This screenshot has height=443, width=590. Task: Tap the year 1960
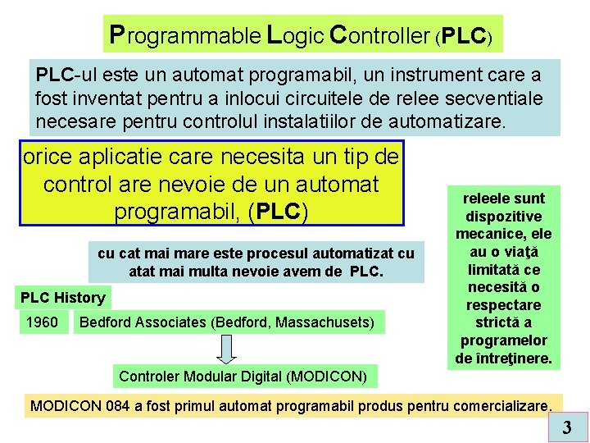pyautogui.click(x=42, y=322)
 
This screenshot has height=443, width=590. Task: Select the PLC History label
pyautogui.click(x=63, y=298)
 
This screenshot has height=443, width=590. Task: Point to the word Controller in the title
pyautogui.click(x=379, y=35)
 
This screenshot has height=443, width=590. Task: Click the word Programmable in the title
pyautogui.click(x=186, y=35)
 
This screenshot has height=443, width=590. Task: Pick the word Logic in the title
pyautogui.click(x=295, y=35)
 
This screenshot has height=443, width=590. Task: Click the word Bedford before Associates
pyautogui.click(x=103, y=322)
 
